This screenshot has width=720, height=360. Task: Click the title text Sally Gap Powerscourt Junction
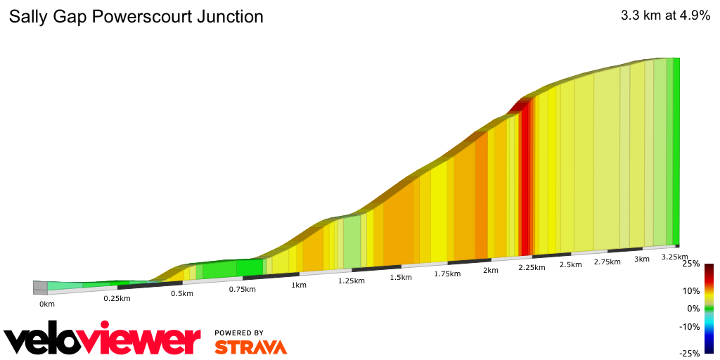tap(136, 17)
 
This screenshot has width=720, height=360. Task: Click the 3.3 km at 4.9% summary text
tap(665, 16)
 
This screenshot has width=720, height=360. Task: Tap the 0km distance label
tap(47, 304)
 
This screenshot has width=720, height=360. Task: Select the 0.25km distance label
tap(117, 299)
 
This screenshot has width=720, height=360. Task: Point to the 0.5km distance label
tap(181, 293)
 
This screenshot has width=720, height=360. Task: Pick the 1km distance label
tap(299, 285)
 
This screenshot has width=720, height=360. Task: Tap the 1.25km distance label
tap(351, 281)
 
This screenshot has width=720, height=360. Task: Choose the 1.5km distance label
tap(401, 277)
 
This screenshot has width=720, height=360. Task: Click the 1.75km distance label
tap(447, 274)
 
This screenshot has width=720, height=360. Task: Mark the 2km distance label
tap(491, 270)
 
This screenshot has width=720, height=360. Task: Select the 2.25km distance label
tap(532, 267)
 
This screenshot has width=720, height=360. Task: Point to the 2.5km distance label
tap(570, 264)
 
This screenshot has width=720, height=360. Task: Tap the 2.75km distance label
tap(607, 262)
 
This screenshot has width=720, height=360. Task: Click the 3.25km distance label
tap(674, 257)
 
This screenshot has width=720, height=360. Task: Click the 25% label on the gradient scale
tap(691, 264)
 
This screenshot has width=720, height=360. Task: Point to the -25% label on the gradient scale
tap(691, 353)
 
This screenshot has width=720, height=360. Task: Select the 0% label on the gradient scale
tap(694, 309)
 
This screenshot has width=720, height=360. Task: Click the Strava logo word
tap(250, 347)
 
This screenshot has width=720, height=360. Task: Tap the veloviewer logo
tap(103, 340)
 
